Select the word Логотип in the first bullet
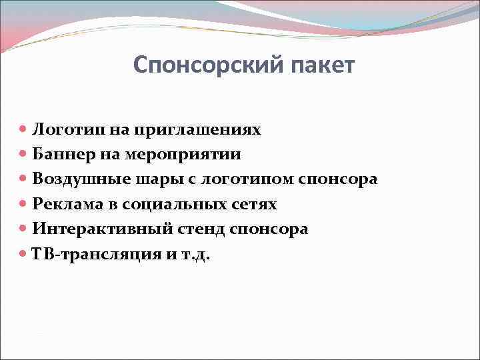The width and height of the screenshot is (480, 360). pos(63,129)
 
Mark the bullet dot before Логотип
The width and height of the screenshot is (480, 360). pos(24,129)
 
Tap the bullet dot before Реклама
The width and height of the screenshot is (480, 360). pos(24,204)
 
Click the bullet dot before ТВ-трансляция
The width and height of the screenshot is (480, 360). pos(24,254)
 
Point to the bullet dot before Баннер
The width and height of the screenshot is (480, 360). pos(24,155)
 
